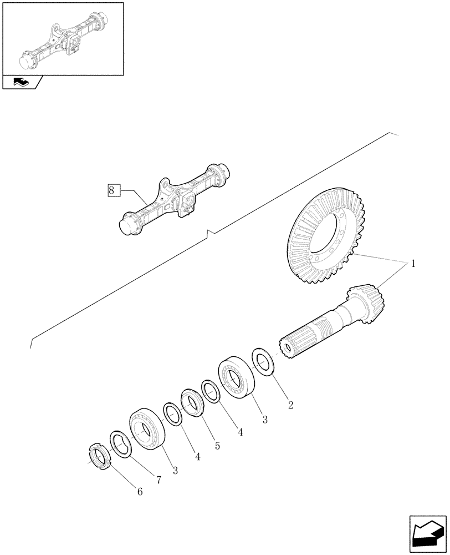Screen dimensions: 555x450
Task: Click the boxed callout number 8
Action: point(111,190)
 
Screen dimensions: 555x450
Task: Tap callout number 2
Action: point(289,404)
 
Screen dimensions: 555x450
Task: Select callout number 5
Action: point(217,445)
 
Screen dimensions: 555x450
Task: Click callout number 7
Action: point(158,480)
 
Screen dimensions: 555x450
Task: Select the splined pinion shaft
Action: point(316,332)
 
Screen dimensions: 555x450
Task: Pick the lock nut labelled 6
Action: point(99,457)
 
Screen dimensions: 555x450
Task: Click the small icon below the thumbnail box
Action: point(22,83)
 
